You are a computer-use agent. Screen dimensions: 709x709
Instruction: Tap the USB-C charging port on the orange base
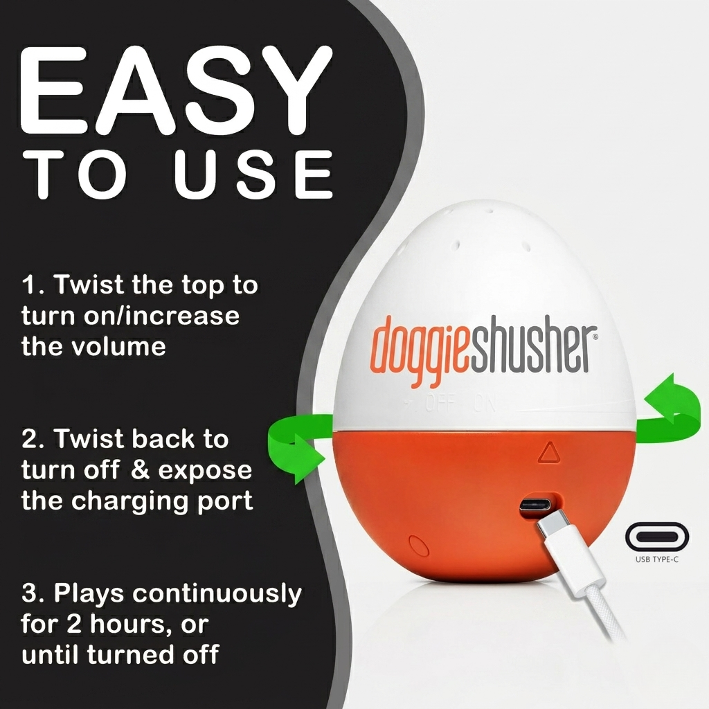pos(537,505)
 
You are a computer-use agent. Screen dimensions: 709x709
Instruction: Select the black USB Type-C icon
pos(657,537)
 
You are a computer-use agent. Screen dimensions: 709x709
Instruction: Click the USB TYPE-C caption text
pos(657,559)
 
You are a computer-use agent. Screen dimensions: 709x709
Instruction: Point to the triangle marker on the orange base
pos(549,452)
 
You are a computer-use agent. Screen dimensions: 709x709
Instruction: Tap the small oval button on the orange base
pos(418,546)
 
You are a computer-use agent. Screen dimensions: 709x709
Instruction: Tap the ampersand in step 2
pos(140,470)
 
